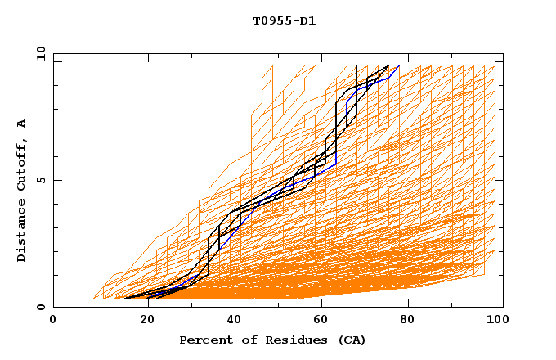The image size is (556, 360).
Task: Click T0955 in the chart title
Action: tap(268, 21)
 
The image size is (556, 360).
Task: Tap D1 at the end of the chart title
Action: tap(307, 21)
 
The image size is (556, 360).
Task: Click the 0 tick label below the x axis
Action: tap(54, 321)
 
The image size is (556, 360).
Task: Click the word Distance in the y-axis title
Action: tap(22, 232)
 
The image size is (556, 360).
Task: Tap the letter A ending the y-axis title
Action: tap(22, 123)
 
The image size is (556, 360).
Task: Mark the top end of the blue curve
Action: tap(398, 66)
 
